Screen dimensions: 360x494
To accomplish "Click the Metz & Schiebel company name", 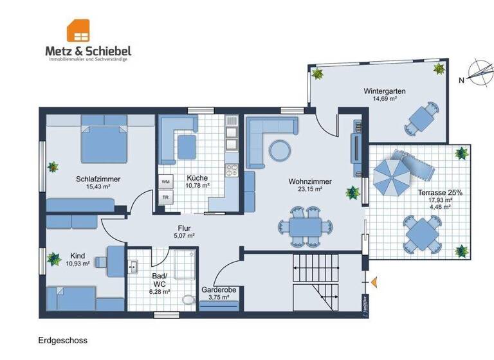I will tap(88, 50).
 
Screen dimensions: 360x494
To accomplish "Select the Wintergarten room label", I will tap(384, 91).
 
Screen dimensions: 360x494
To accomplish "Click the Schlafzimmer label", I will tap(98, 179).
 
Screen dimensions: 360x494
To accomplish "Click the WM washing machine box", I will tap(165, 182).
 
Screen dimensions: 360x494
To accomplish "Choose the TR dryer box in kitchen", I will tap(165, 197).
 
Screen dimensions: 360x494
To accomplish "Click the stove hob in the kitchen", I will tap(231, 170).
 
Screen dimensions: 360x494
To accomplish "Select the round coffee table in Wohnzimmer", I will tap(279, 150).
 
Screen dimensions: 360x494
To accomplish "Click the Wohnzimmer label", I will tap(310, 182).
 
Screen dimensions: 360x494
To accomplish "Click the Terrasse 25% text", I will tap(439, 192).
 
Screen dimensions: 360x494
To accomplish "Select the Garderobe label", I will tap(219, 290).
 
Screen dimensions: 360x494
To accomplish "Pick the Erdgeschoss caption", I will tap(62, 340).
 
